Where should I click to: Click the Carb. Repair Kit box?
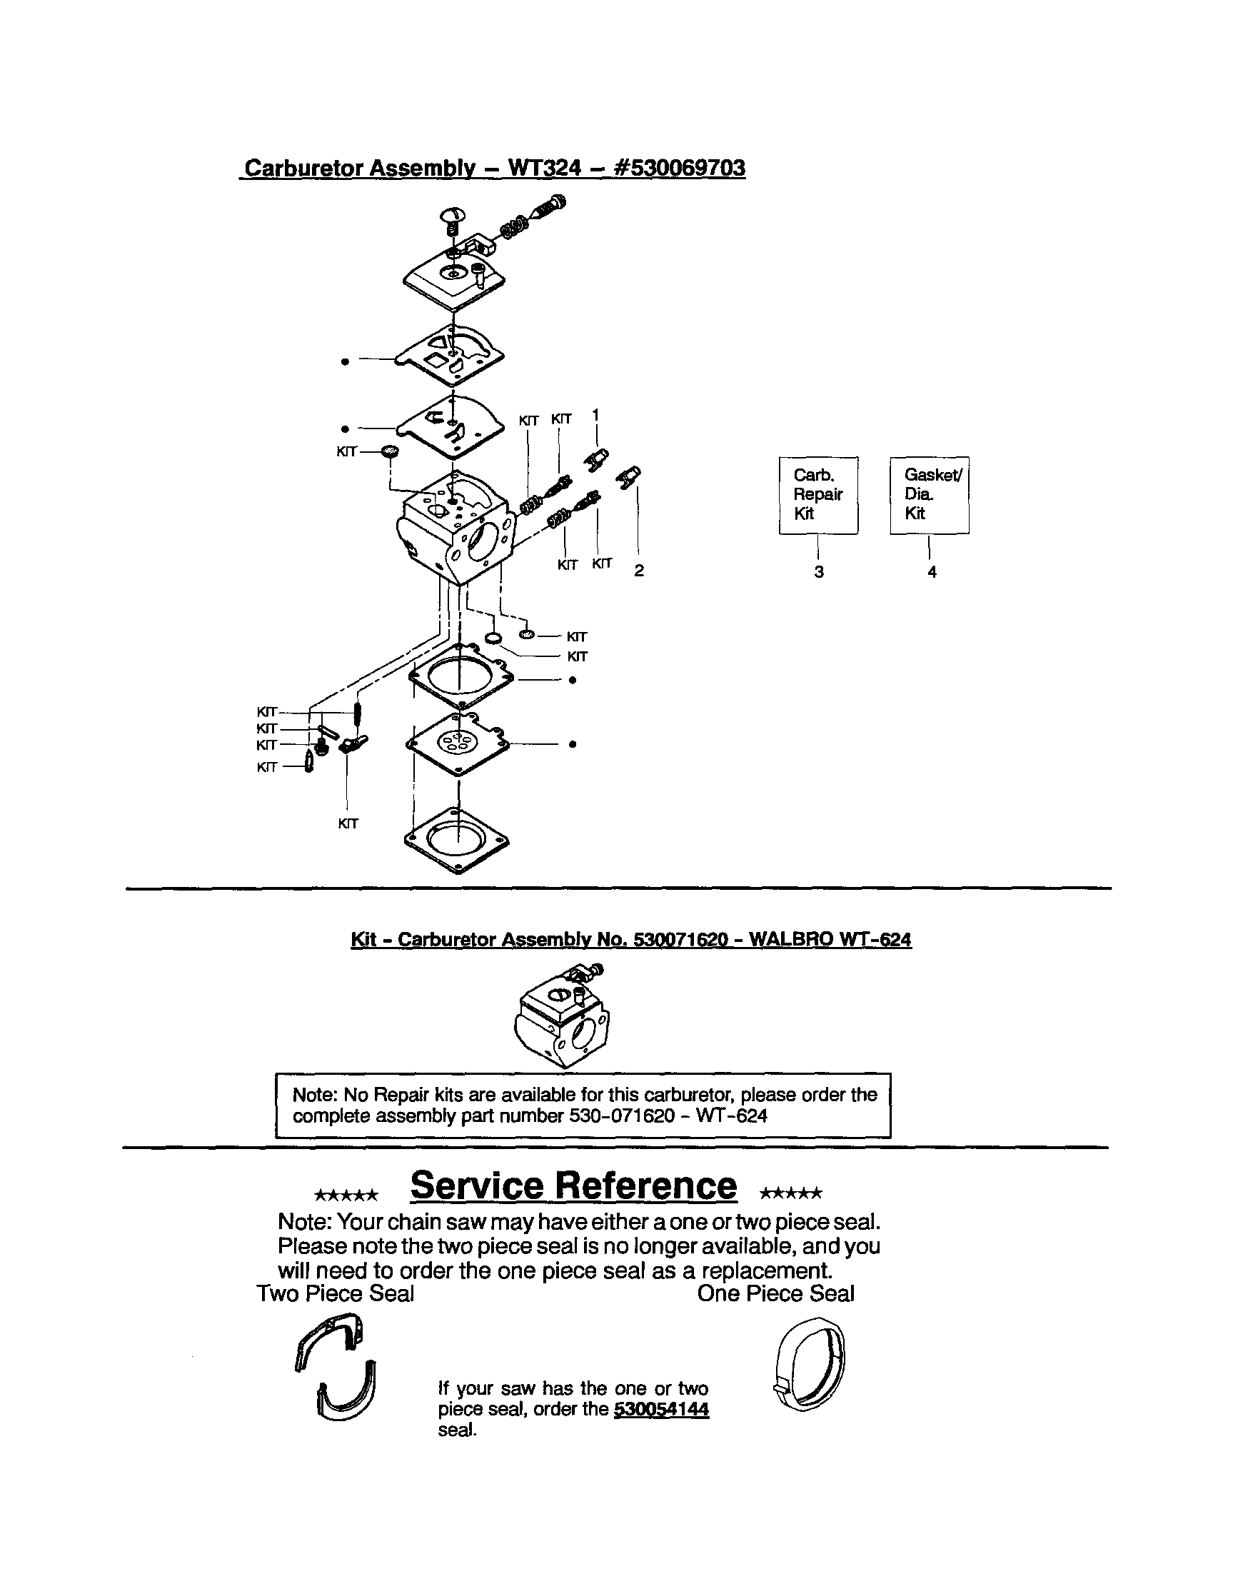pos(817,495)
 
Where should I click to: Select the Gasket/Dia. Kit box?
pos(929,495)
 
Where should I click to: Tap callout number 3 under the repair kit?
pos(819,572)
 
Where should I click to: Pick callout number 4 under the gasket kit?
pos(932,572)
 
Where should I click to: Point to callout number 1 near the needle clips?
pos(595,415)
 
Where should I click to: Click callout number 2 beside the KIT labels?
pos(639,571)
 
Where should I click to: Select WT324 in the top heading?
pos(544,168)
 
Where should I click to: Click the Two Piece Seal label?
pos(336,1293)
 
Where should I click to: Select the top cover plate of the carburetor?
pos(455,277)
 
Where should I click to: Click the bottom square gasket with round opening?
pos(458,841)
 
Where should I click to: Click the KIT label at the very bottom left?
pos(348,823)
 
